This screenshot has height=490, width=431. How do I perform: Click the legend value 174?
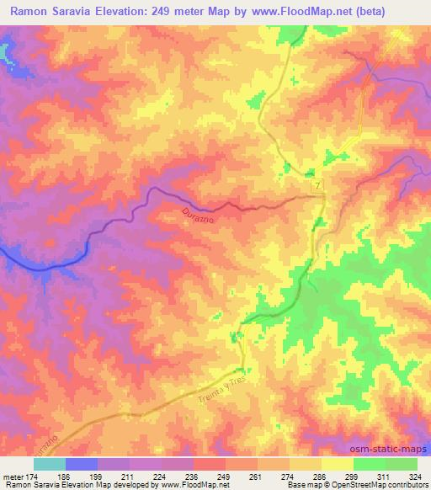click(35, 476)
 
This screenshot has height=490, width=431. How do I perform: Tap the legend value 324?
click(414, 476)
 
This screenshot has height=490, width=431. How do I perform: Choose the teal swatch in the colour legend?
click(50, 464)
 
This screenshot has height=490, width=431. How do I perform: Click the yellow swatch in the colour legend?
click(337, 464)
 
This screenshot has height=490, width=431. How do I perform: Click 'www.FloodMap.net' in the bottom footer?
click(190, 485)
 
